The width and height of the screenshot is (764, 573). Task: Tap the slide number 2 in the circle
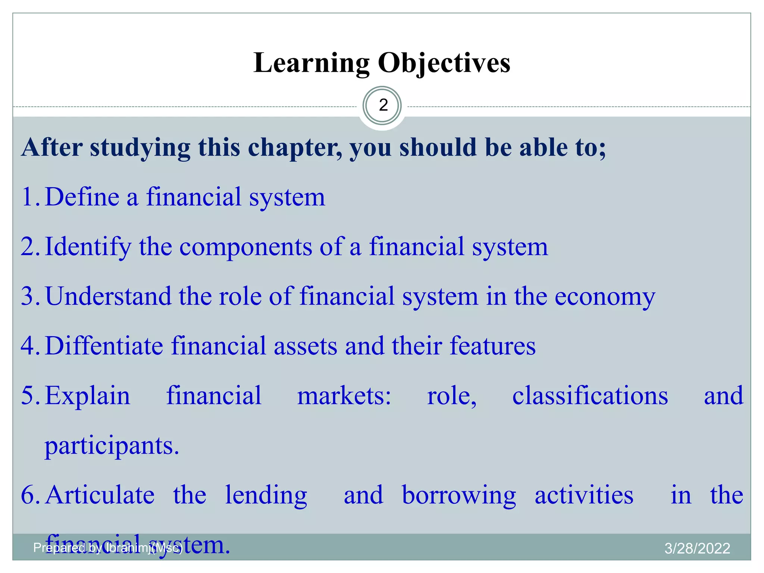pos(383,106)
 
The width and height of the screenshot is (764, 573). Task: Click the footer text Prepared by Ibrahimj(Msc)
pos(108,548)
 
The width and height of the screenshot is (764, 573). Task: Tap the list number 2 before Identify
pos(28,247)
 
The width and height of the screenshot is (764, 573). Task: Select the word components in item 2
pos(245,247)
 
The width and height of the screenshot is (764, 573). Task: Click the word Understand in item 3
pos(108,296)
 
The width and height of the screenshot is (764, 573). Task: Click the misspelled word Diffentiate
pos(104,346)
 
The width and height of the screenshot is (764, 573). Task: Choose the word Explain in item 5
pos(88,396)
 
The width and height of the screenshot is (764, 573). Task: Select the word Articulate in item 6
pos(100,495)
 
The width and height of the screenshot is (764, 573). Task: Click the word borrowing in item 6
pos(459,496)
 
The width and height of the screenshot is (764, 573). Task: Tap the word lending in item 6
pos(266,496)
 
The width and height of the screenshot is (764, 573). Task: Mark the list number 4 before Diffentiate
pos(28,346)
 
